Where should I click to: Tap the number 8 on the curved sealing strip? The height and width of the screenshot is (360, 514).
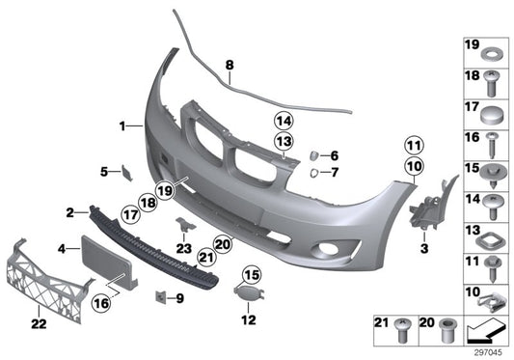coord(230,66)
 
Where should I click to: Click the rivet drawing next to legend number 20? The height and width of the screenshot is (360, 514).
coord(445,330)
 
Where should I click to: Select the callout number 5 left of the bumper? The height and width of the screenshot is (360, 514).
coord(103,172)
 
